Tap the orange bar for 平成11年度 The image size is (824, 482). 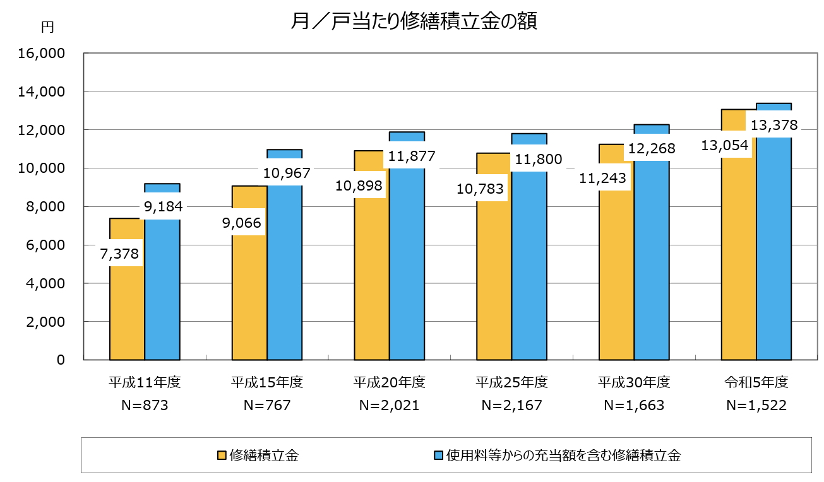coord(127,309)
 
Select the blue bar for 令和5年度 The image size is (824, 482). coord(773,252)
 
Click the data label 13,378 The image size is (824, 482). coord(773,126)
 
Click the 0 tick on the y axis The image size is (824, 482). coord(61,360)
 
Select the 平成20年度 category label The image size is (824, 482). coord(389,382)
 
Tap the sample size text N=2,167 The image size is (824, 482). coord(511,405)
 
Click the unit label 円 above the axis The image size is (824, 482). coord(47,26)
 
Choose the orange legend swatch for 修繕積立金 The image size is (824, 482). coord(222,456)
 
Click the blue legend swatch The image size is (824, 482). coord(438,456)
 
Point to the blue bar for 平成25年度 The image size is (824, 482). coord(529,265)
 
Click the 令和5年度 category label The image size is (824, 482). coord(756,382)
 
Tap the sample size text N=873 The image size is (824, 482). coord(145,405)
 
